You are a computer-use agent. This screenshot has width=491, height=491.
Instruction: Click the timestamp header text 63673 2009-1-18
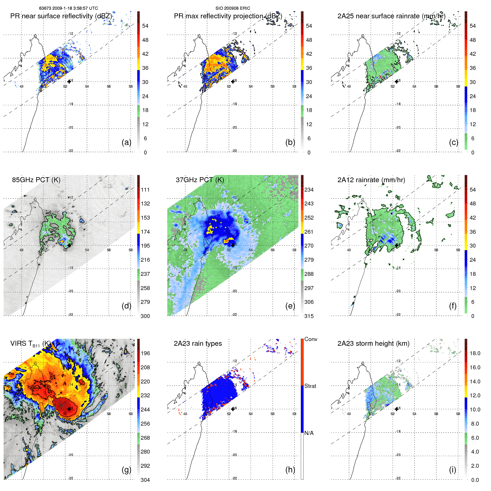[x=68, y=8]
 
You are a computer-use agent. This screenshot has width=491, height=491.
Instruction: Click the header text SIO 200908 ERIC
[x=233, y=8]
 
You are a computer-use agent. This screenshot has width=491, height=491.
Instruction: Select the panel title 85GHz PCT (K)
[x=36, y=180]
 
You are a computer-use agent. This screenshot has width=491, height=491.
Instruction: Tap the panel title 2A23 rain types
[x=198, y=344]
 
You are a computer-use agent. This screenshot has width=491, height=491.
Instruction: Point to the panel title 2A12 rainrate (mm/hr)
[x=371, y=180]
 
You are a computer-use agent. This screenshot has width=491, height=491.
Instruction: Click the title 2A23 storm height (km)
[x=373, y=344]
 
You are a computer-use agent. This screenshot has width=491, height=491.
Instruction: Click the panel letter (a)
[x=126, y=142]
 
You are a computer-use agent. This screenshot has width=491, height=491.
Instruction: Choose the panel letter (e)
[x=290, y=306]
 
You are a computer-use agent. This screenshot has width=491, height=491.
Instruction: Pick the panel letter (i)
[x=452, y=470]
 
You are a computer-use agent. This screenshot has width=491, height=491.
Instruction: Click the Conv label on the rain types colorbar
[x=311, y=339]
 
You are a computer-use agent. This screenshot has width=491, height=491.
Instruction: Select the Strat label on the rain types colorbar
[x=310, y=386]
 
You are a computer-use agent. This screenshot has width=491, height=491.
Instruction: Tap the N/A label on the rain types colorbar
[x=309, y=433]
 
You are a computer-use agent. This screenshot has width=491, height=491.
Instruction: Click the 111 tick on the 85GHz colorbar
[x=145, y=190]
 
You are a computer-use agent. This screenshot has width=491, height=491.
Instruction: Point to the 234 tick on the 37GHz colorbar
[x=309, y=190]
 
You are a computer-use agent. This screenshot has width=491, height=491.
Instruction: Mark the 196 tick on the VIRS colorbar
[x=145, y=353]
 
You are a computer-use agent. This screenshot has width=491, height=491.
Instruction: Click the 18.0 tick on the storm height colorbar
[x=475, y=353]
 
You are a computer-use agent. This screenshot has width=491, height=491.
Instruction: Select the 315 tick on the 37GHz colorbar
[x=309, y=316]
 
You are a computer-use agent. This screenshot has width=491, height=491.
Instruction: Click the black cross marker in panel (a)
[x=69, y=82]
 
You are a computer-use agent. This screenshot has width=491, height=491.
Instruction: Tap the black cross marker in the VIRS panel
[x=69, y=409]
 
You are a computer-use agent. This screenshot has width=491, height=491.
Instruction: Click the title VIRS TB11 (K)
[x=30, y=344]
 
